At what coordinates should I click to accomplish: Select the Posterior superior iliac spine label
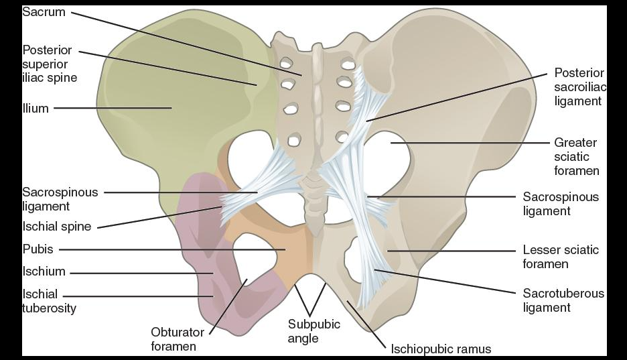click(x=50, y=64)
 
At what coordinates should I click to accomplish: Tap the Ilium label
click(x=36, y=108)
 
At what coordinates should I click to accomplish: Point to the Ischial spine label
click(x=56, y=227)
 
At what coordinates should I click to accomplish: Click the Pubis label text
click(x=38, y=250)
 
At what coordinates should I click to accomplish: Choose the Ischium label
click(x=44, y=272)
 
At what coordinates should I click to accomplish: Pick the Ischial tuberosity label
click(x=49, y=301)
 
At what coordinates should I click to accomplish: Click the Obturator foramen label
click(x=173, y=339)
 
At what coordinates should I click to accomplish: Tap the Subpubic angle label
click(x=313, y=331)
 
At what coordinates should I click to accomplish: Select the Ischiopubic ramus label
click(x=441, y=349)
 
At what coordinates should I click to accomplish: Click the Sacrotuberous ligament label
click(x=563, y=300)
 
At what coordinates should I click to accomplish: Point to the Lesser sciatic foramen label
click(x=561, y=257)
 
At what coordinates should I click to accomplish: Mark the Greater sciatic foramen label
click(x=576, y=157)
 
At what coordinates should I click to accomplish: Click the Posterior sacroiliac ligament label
click(x=579, y=86)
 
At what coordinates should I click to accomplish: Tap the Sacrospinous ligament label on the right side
click(x=561, y=204)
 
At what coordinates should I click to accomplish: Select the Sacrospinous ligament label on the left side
click(x=60, y=199)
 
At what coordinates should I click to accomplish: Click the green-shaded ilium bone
click(x=167, y=94)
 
